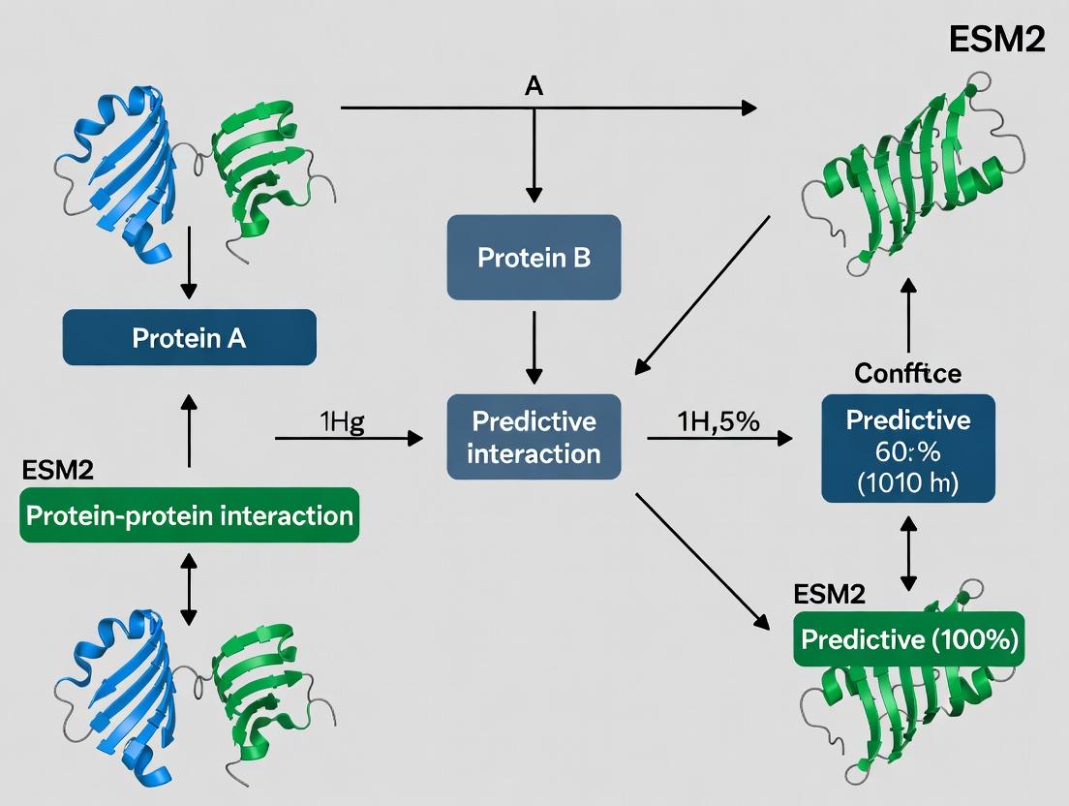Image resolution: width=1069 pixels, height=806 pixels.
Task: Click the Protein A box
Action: pyautogui.click(x=189, y=338)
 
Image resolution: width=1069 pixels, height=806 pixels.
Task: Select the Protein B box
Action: pyautogui.click(x=534, y=258)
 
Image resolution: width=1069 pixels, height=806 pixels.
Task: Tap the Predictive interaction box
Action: pyautogui.click(x=534, y=437)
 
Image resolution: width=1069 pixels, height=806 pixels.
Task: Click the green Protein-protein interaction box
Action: pyautogui.click(x=189, y=514)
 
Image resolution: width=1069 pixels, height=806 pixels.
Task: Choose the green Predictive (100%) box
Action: pyautogui.click(x=908, y=639)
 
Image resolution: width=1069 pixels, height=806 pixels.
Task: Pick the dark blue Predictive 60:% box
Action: pyautogui.click(x=908, y=449)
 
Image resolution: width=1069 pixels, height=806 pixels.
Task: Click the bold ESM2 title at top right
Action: pyautogui.click(x=996, y=42)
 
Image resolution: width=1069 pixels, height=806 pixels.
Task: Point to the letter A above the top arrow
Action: pyautogui.click(x=534, y=85)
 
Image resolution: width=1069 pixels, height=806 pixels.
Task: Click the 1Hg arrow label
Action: pyautogui.click(x=341, y=422)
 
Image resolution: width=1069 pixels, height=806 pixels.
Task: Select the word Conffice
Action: pyautogui.click(x=908, y=373)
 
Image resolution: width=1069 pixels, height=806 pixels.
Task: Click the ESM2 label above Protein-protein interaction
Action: pyautogui.click(x=59, y=472)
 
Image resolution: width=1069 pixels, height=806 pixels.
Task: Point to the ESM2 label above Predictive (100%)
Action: pyautogui.click(x=829, y=594)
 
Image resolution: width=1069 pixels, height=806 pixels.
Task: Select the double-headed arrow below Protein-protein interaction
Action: pyautogui.click(x=189, y=588)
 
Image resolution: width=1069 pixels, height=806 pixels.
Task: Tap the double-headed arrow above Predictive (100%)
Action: pyautogui.click(x=908, y=552)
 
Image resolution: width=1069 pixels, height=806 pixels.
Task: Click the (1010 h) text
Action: pyautogui.click(x=908, y=481)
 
